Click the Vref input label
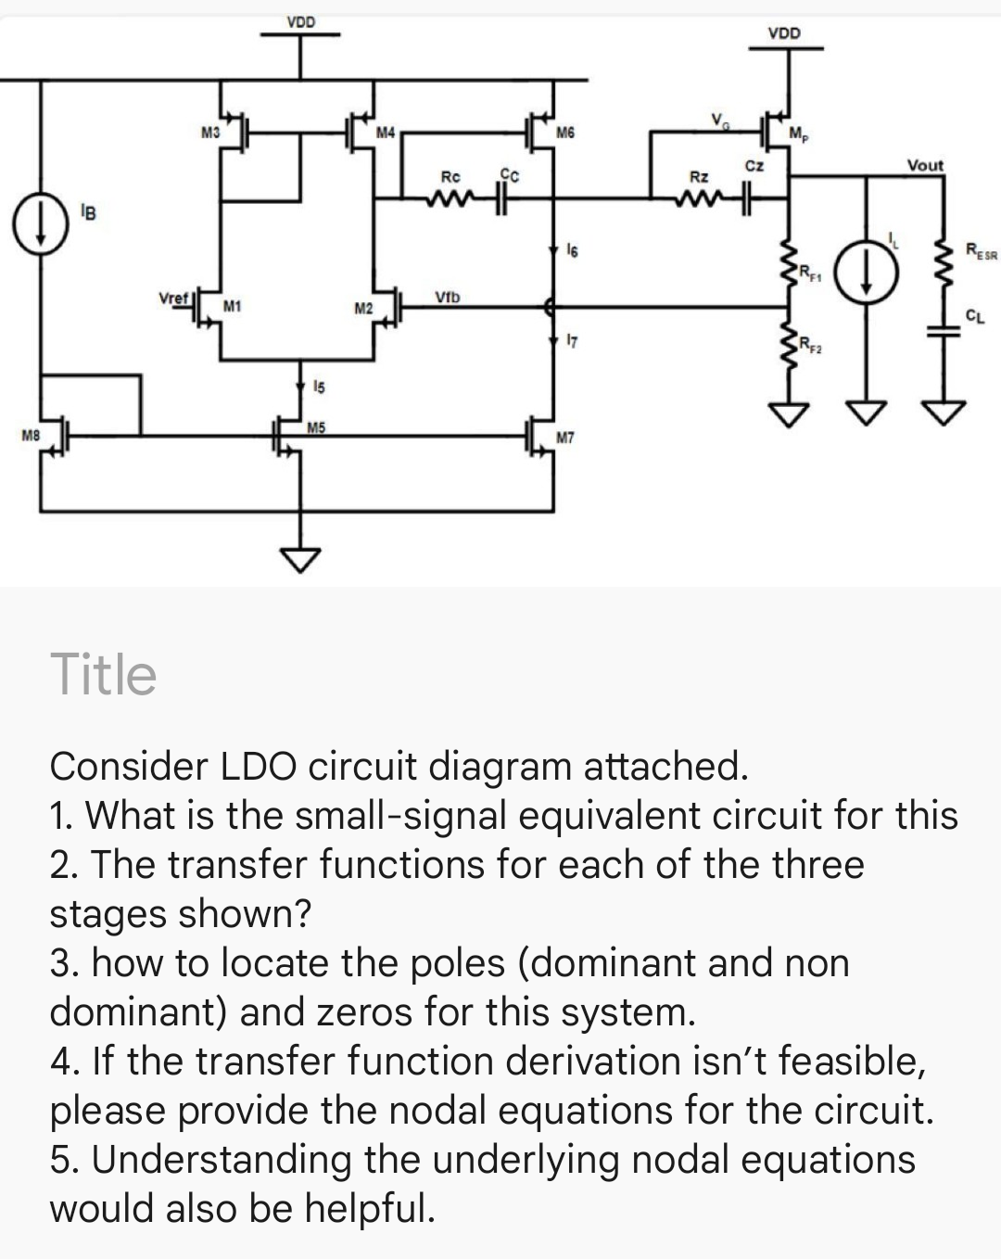[x=173, y=299]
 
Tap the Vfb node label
[x=447, y=298]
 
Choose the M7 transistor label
[x=565, y=437]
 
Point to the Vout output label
[x=925, y=166]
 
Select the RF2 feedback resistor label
[x=812, y=348]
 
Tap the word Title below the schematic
[x=104, y=674]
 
